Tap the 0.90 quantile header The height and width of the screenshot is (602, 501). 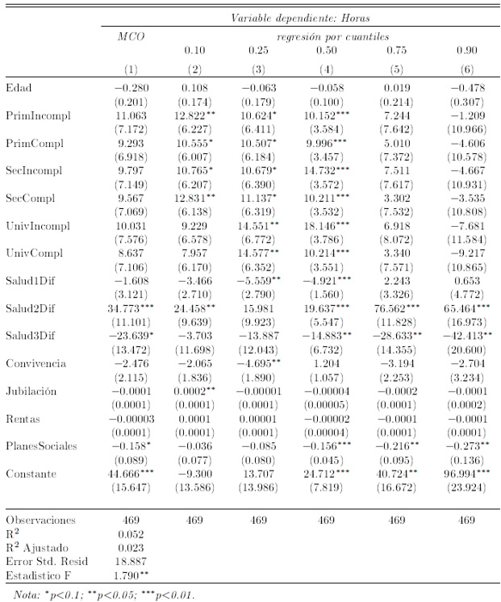466,50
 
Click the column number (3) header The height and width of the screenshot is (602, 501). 257,69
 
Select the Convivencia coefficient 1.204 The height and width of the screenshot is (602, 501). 326,362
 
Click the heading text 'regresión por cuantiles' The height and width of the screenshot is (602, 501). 332,36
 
